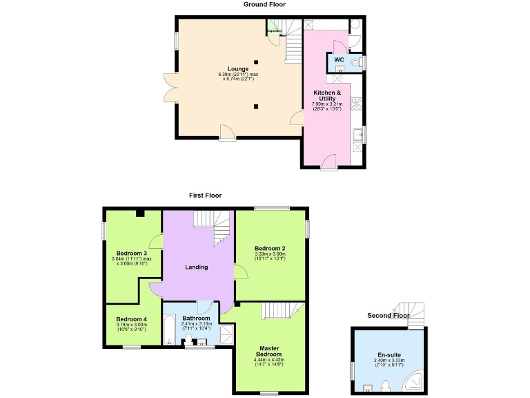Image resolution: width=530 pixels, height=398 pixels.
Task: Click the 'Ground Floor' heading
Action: (264, 4)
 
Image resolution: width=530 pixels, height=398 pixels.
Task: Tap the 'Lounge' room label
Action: (238, 68)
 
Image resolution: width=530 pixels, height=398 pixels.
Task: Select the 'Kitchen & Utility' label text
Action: (327, 95)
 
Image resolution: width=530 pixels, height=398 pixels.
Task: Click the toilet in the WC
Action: (355, 62)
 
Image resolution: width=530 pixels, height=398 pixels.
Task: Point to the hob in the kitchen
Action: (357, 104)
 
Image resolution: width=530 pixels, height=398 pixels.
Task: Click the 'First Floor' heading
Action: (205, 196)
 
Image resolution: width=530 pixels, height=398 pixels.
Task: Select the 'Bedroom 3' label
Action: (131, 253)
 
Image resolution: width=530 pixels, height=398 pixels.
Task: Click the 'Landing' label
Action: (197, 267)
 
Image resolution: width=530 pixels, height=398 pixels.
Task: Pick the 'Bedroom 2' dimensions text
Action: (270, 256)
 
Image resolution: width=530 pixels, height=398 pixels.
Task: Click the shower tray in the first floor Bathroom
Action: (224, 334)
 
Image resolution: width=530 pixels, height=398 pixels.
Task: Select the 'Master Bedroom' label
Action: (270, 351)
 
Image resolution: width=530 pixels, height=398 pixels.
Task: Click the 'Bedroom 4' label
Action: (131, 319)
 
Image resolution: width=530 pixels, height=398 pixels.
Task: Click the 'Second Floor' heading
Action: (389, 316)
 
